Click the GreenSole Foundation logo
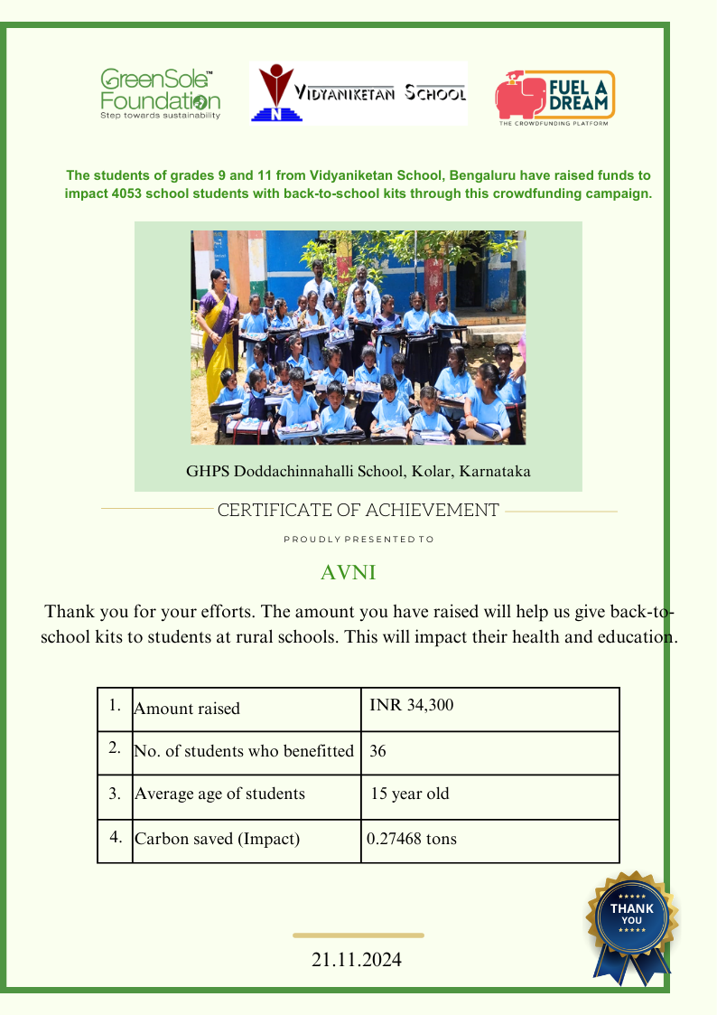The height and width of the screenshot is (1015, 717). pyautogui.click(x=160, y=94)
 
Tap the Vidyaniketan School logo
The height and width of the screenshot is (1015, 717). pyautogui.click(x=358, y=93)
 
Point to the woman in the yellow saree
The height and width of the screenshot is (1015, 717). pyautogui.click(x=218, y=325)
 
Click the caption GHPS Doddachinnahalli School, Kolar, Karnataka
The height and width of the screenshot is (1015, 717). pyautogui.click(x=358, y=471)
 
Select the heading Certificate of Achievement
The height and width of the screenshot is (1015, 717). pyautogui.click(x=358, y=510)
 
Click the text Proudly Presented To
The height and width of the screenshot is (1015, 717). pyautogui.click(x=358, y=540)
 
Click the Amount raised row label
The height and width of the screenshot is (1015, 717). pyautogui.click(x=187, y=709)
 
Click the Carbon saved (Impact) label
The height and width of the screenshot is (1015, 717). pyautogui.click(x=217, y=839)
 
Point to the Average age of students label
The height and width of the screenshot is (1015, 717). pyautogui.click(x=219, y=794)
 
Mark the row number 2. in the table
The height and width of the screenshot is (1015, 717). pyautogui.click(x=115, y=748)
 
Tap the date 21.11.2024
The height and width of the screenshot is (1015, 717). pyautogui.click(x=357, y=960)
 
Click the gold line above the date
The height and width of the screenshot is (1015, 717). pyautogui.click(x=358, y=935)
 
